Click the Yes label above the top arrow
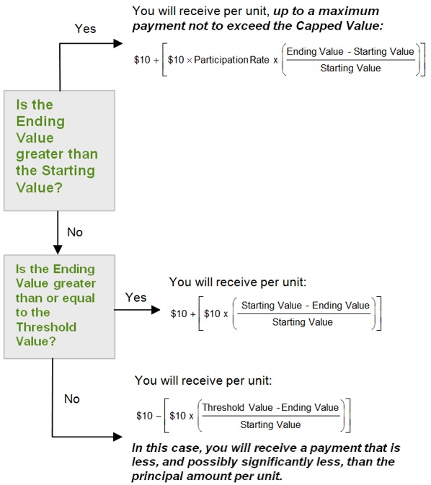(x=85, y=29)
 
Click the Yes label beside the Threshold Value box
(x=135, y=298)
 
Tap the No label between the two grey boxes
(x=75, y=232)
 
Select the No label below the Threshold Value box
(x=72, y=399)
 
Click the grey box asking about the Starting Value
(x=59, y=151)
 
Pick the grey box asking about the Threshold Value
(x=59, y=307)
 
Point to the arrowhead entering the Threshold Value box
(x=58, y=250)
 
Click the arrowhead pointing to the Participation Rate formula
(x=118, y=43)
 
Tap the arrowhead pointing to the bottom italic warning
(x=118, y=437)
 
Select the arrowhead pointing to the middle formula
(x=156, y=310)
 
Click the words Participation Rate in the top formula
(x=232, y=60)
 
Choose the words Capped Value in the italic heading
(x=339, y=26)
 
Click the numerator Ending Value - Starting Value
(x=350, y=51)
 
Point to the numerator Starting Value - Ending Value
(x=306, y=306)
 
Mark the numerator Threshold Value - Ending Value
(x=270, y=407)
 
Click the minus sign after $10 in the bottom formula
(x=159, y=416)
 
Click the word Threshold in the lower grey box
(x=46, y=327)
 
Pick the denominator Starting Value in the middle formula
(x=302, y=322)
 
